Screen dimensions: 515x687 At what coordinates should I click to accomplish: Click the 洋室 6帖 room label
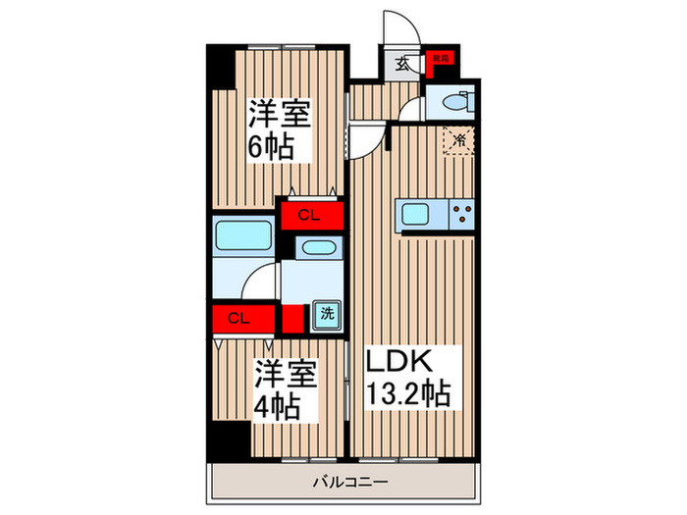[279, 129]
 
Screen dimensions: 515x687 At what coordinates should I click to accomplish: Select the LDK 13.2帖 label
[408, 379]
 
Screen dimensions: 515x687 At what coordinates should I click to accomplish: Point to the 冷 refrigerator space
[457, 140]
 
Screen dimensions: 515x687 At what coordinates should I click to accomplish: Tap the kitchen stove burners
[462, 212]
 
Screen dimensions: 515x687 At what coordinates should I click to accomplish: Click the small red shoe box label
[442, 59]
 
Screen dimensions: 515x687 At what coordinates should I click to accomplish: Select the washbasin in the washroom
[317, 247]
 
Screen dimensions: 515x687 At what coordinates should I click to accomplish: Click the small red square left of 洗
[291, 318]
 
